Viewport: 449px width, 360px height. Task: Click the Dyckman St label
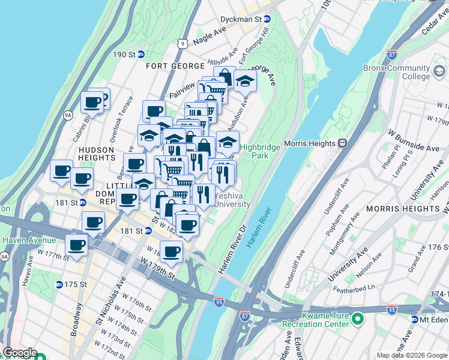coord(242,20)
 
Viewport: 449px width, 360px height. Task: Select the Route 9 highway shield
coord(182,43)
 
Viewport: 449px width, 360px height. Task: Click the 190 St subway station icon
coord(141,54)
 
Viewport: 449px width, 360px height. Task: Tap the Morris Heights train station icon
coord(343,143)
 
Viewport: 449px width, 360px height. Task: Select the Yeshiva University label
coord(232,200)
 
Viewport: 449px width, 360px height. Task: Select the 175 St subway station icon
coord(59,284)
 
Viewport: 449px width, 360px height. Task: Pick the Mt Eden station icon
coord(415,319)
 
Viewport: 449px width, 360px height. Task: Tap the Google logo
coord(20,353)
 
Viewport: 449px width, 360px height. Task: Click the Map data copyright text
coord(412,355)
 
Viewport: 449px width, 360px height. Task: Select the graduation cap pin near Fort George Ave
coord(245,80)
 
